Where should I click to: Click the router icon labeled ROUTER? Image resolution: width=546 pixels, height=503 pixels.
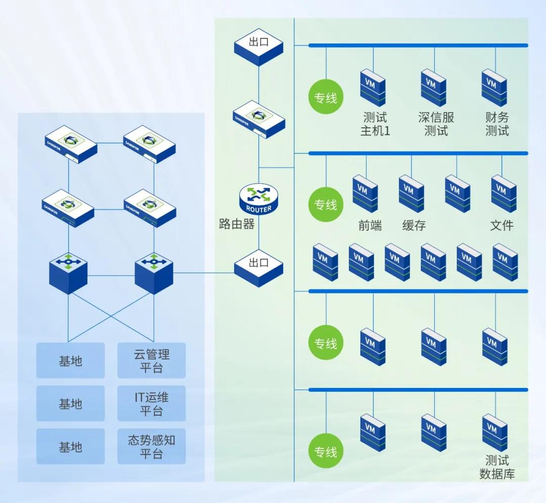pos(258,199)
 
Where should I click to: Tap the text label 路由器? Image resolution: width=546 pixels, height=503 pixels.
pos(237,224)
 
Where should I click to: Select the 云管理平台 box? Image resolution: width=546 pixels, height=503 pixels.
pos(152,361)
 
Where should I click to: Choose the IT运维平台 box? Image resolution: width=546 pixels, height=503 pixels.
pos(152,404)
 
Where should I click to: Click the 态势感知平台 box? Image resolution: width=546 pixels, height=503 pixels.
pos(152,446)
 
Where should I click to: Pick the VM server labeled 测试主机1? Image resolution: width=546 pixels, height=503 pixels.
pos(373,87)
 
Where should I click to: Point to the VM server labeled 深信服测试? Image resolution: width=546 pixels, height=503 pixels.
pos(434,87)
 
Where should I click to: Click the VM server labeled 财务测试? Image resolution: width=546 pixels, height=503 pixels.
pos(494,87)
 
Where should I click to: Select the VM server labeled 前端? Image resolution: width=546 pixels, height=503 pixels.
pos(365,193)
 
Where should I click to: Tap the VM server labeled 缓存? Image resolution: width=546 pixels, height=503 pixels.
pos(411,193)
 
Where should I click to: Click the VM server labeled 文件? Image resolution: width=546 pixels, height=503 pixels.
pos(504,193)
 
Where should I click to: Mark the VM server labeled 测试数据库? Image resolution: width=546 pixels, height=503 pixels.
pos(494,432)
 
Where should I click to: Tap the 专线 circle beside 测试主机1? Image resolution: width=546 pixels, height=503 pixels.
pos(326,97)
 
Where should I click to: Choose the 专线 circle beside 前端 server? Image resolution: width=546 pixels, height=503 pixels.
pos(326,205)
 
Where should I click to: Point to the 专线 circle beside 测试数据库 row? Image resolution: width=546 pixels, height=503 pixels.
pos(326,451)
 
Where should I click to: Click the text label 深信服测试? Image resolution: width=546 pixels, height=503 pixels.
pos(436,124)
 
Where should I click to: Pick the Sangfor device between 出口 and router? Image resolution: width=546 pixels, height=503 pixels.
pos(259,120)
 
